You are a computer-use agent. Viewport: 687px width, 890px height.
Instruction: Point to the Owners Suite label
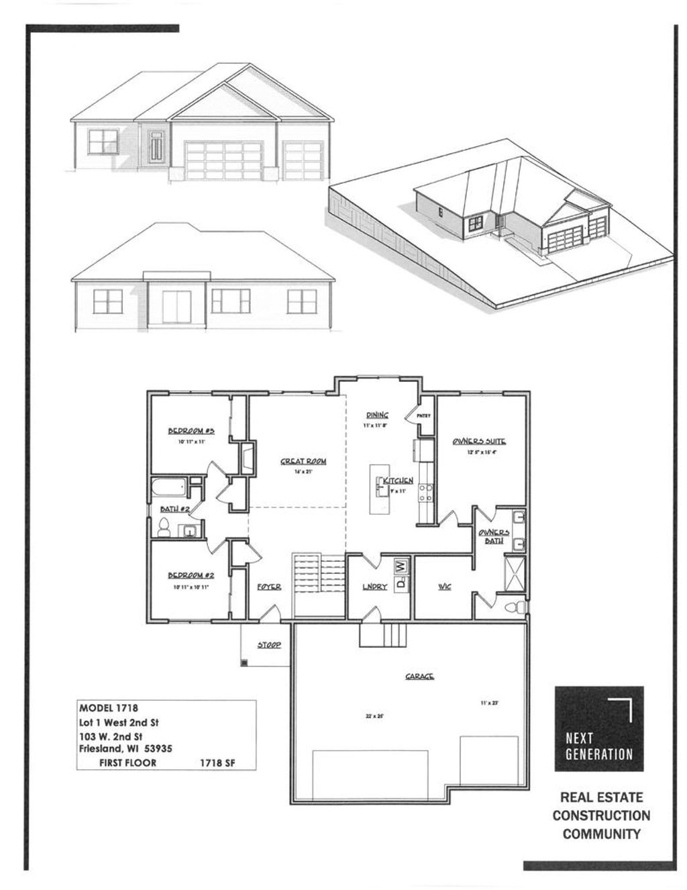point(478,441)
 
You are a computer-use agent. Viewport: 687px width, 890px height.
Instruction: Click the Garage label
point(419,676)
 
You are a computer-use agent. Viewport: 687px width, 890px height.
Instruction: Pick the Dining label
point(376,415)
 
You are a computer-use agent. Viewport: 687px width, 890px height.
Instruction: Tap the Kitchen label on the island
point(398,481)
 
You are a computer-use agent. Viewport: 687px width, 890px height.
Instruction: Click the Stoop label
point(269,645)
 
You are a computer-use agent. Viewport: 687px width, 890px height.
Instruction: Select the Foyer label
point(269,587)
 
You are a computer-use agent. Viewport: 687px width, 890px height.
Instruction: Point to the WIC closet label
point(444,587)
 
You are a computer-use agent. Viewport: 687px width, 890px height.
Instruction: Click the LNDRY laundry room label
point(375,587)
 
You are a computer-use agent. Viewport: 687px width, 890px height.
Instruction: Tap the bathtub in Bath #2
point(168,487)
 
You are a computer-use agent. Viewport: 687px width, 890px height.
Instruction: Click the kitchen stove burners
point(425,493)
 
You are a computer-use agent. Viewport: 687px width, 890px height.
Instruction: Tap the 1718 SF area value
point(217,763)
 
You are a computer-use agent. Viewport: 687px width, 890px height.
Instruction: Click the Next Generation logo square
point(598,728)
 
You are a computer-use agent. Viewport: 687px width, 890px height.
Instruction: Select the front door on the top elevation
point(156,147)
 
